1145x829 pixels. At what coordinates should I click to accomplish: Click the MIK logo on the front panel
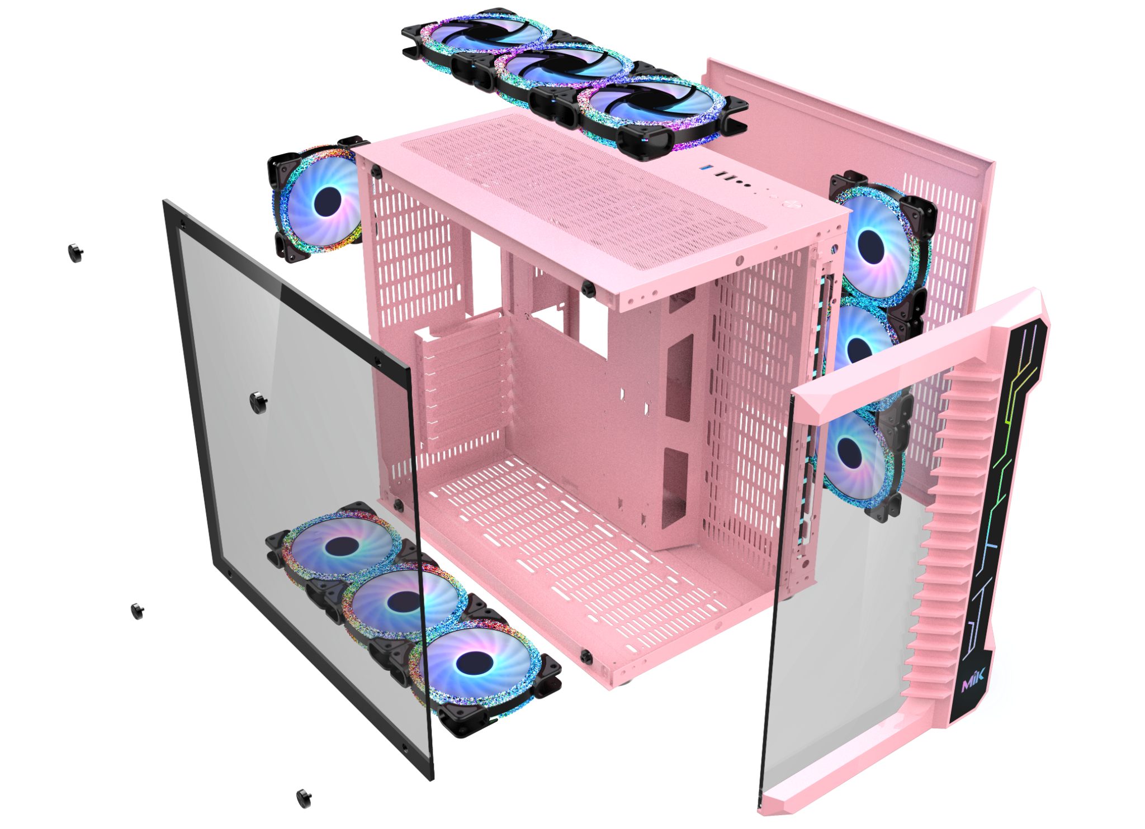click(973, 680)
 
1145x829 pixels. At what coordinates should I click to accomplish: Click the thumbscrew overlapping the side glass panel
click(258, 402)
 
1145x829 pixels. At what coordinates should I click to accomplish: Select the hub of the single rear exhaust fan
click(328, 202)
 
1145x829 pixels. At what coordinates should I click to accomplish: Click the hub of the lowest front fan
click(849, 452)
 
